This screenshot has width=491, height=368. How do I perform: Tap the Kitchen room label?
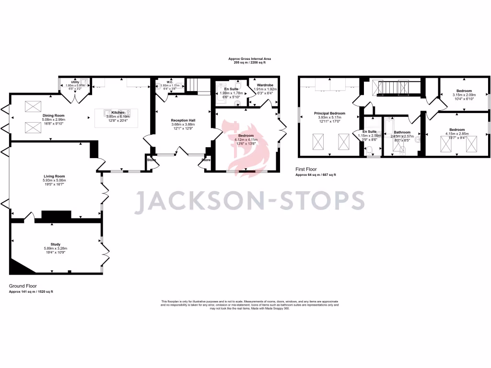coord(118,113)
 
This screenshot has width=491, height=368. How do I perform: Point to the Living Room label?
coord(54,176)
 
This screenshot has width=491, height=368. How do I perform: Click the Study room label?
coord(56,244)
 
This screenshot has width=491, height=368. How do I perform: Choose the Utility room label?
coord(75,82)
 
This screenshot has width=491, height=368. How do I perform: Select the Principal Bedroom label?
coord(329,114)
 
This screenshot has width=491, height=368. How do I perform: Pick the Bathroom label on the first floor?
coord(402,132)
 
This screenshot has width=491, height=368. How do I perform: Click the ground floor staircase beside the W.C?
coord(193,85)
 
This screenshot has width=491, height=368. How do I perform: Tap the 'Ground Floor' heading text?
coord(23,286)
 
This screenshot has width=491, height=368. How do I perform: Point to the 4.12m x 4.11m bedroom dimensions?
coord(246,139)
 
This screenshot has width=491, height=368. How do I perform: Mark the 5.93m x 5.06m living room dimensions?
coord(54,180)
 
